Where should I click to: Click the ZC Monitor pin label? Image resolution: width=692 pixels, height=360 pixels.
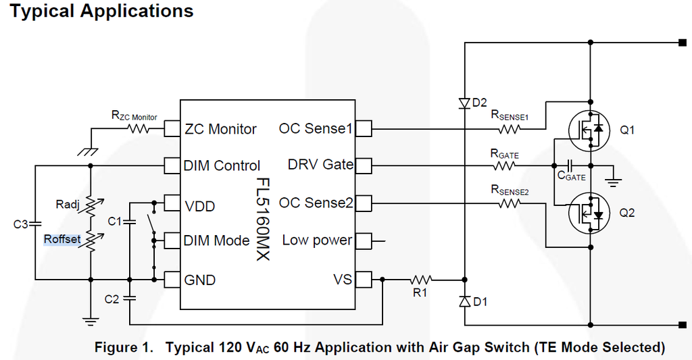point(220,129)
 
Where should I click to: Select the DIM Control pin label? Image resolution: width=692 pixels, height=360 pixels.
point(222,165)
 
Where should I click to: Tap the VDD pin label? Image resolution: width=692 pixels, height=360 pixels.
point(200,205)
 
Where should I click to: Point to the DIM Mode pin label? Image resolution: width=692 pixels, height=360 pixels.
point(216,240)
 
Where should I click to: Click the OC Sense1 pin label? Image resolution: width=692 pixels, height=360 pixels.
point(316,128)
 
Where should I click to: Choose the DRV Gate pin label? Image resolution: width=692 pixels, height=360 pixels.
point(320,165)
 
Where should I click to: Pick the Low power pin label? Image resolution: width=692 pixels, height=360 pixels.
point(317,240)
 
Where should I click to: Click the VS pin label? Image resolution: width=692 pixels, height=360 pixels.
point(343,279)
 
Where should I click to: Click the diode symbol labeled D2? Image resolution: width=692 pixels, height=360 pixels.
point(464,103)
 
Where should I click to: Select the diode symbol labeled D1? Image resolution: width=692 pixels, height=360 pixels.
point(464,302)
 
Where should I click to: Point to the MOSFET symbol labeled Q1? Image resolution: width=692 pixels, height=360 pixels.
point(590,129)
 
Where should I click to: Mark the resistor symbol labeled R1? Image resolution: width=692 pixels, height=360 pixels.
point(421,278)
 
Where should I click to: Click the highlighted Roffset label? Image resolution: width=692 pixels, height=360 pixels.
point(62,239)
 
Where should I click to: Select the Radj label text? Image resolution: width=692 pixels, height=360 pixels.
point(68,205)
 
